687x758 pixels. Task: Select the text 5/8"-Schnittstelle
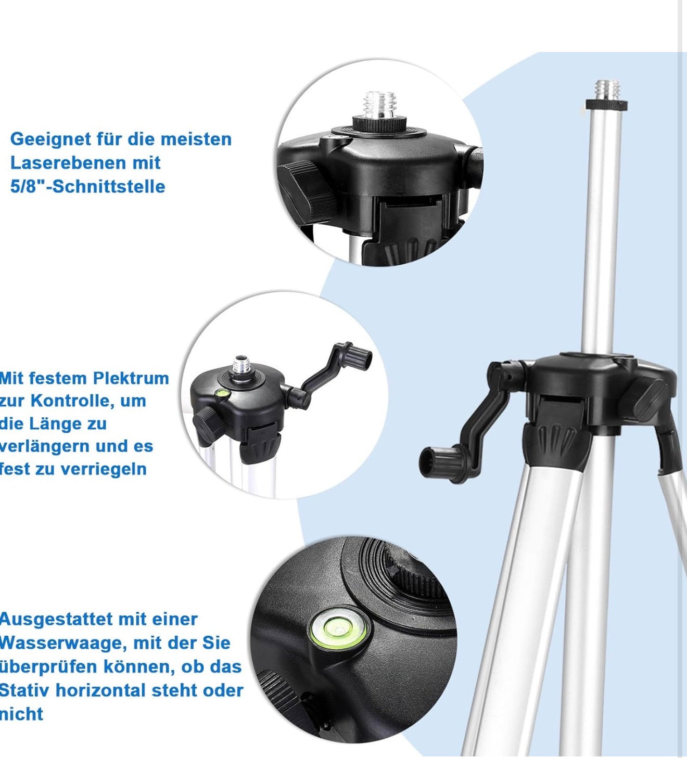88,187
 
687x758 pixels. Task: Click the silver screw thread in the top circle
379,105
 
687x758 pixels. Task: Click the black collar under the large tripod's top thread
607,106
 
